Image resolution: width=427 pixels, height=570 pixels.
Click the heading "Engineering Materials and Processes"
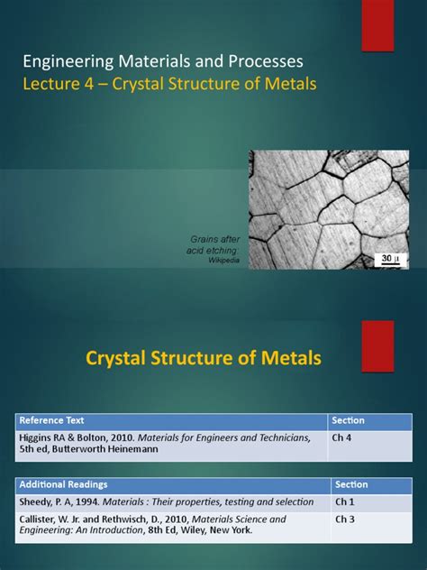tap(162, 62)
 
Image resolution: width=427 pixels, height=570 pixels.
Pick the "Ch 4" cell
tap(342, 437)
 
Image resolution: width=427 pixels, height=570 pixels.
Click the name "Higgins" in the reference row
tap(37, 437)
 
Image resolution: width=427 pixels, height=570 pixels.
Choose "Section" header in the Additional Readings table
tap(352, 484)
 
